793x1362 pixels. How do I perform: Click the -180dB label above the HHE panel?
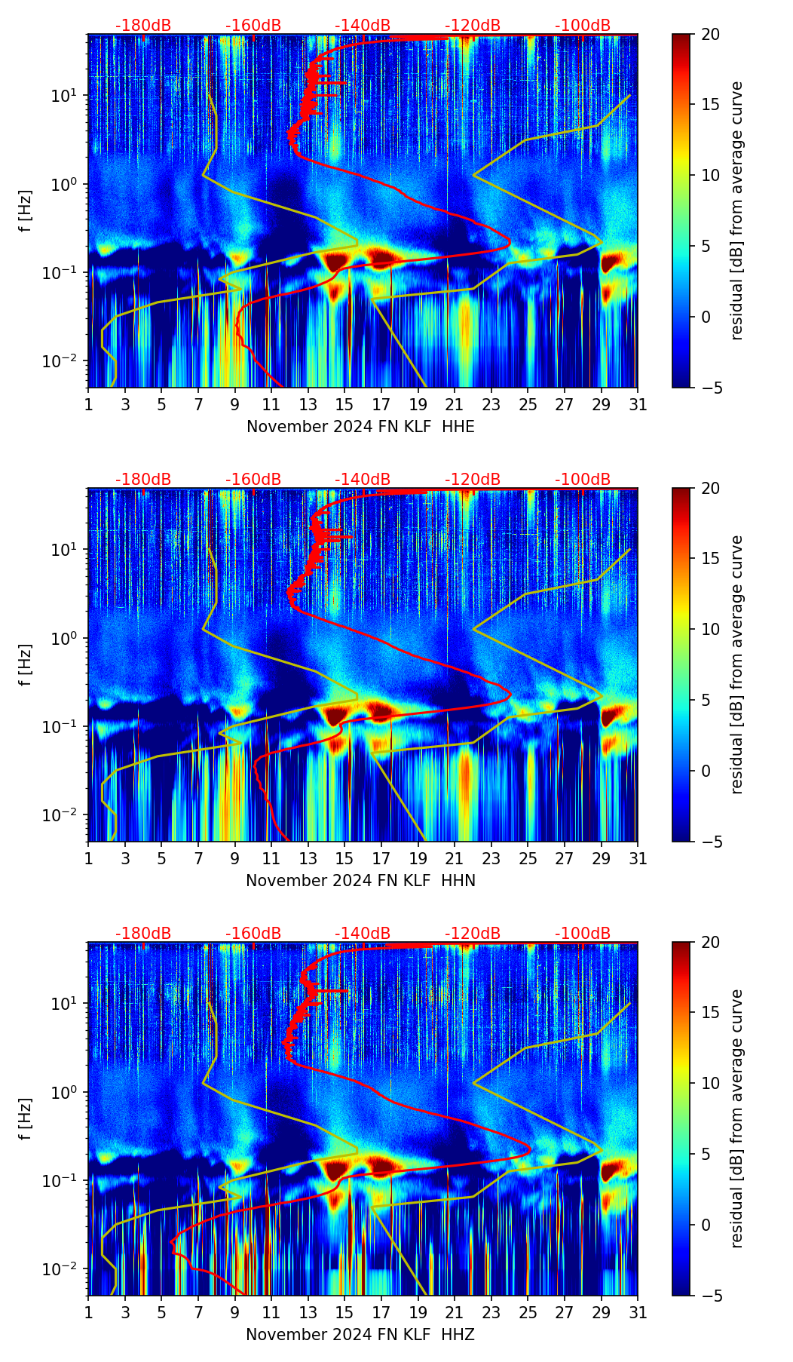tap(143, 26)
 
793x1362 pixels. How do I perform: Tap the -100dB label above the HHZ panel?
tap(583, 934)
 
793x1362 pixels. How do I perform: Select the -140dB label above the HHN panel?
tap(363, 480)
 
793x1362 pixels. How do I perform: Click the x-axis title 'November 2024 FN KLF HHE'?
tap(360, 427)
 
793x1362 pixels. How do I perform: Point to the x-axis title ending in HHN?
tap(360, 881)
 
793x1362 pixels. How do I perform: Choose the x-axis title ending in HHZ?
tap(360, 1335)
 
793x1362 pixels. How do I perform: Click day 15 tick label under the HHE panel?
tap(344, 405)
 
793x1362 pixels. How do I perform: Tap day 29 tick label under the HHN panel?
tap(602, 859)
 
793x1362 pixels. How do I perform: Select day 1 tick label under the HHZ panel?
tap(88, 1313)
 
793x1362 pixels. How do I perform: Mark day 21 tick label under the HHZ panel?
tap(455, 1313)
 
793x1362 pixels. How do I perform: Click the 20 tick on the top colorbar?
tap(709, 34)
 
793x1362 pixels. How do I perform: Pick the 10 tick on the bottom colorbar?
tap(709, 1084)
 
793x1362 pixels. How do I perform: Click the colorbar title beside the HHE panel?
tap(736, 210)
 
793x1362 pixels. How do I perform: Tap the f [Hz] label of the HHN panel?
tap(26, 664)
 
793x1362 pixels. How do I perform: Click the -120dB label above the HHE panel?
tap(473, 26)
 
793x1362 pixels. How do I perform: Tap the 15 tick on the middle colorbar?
tap(709, 559)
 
